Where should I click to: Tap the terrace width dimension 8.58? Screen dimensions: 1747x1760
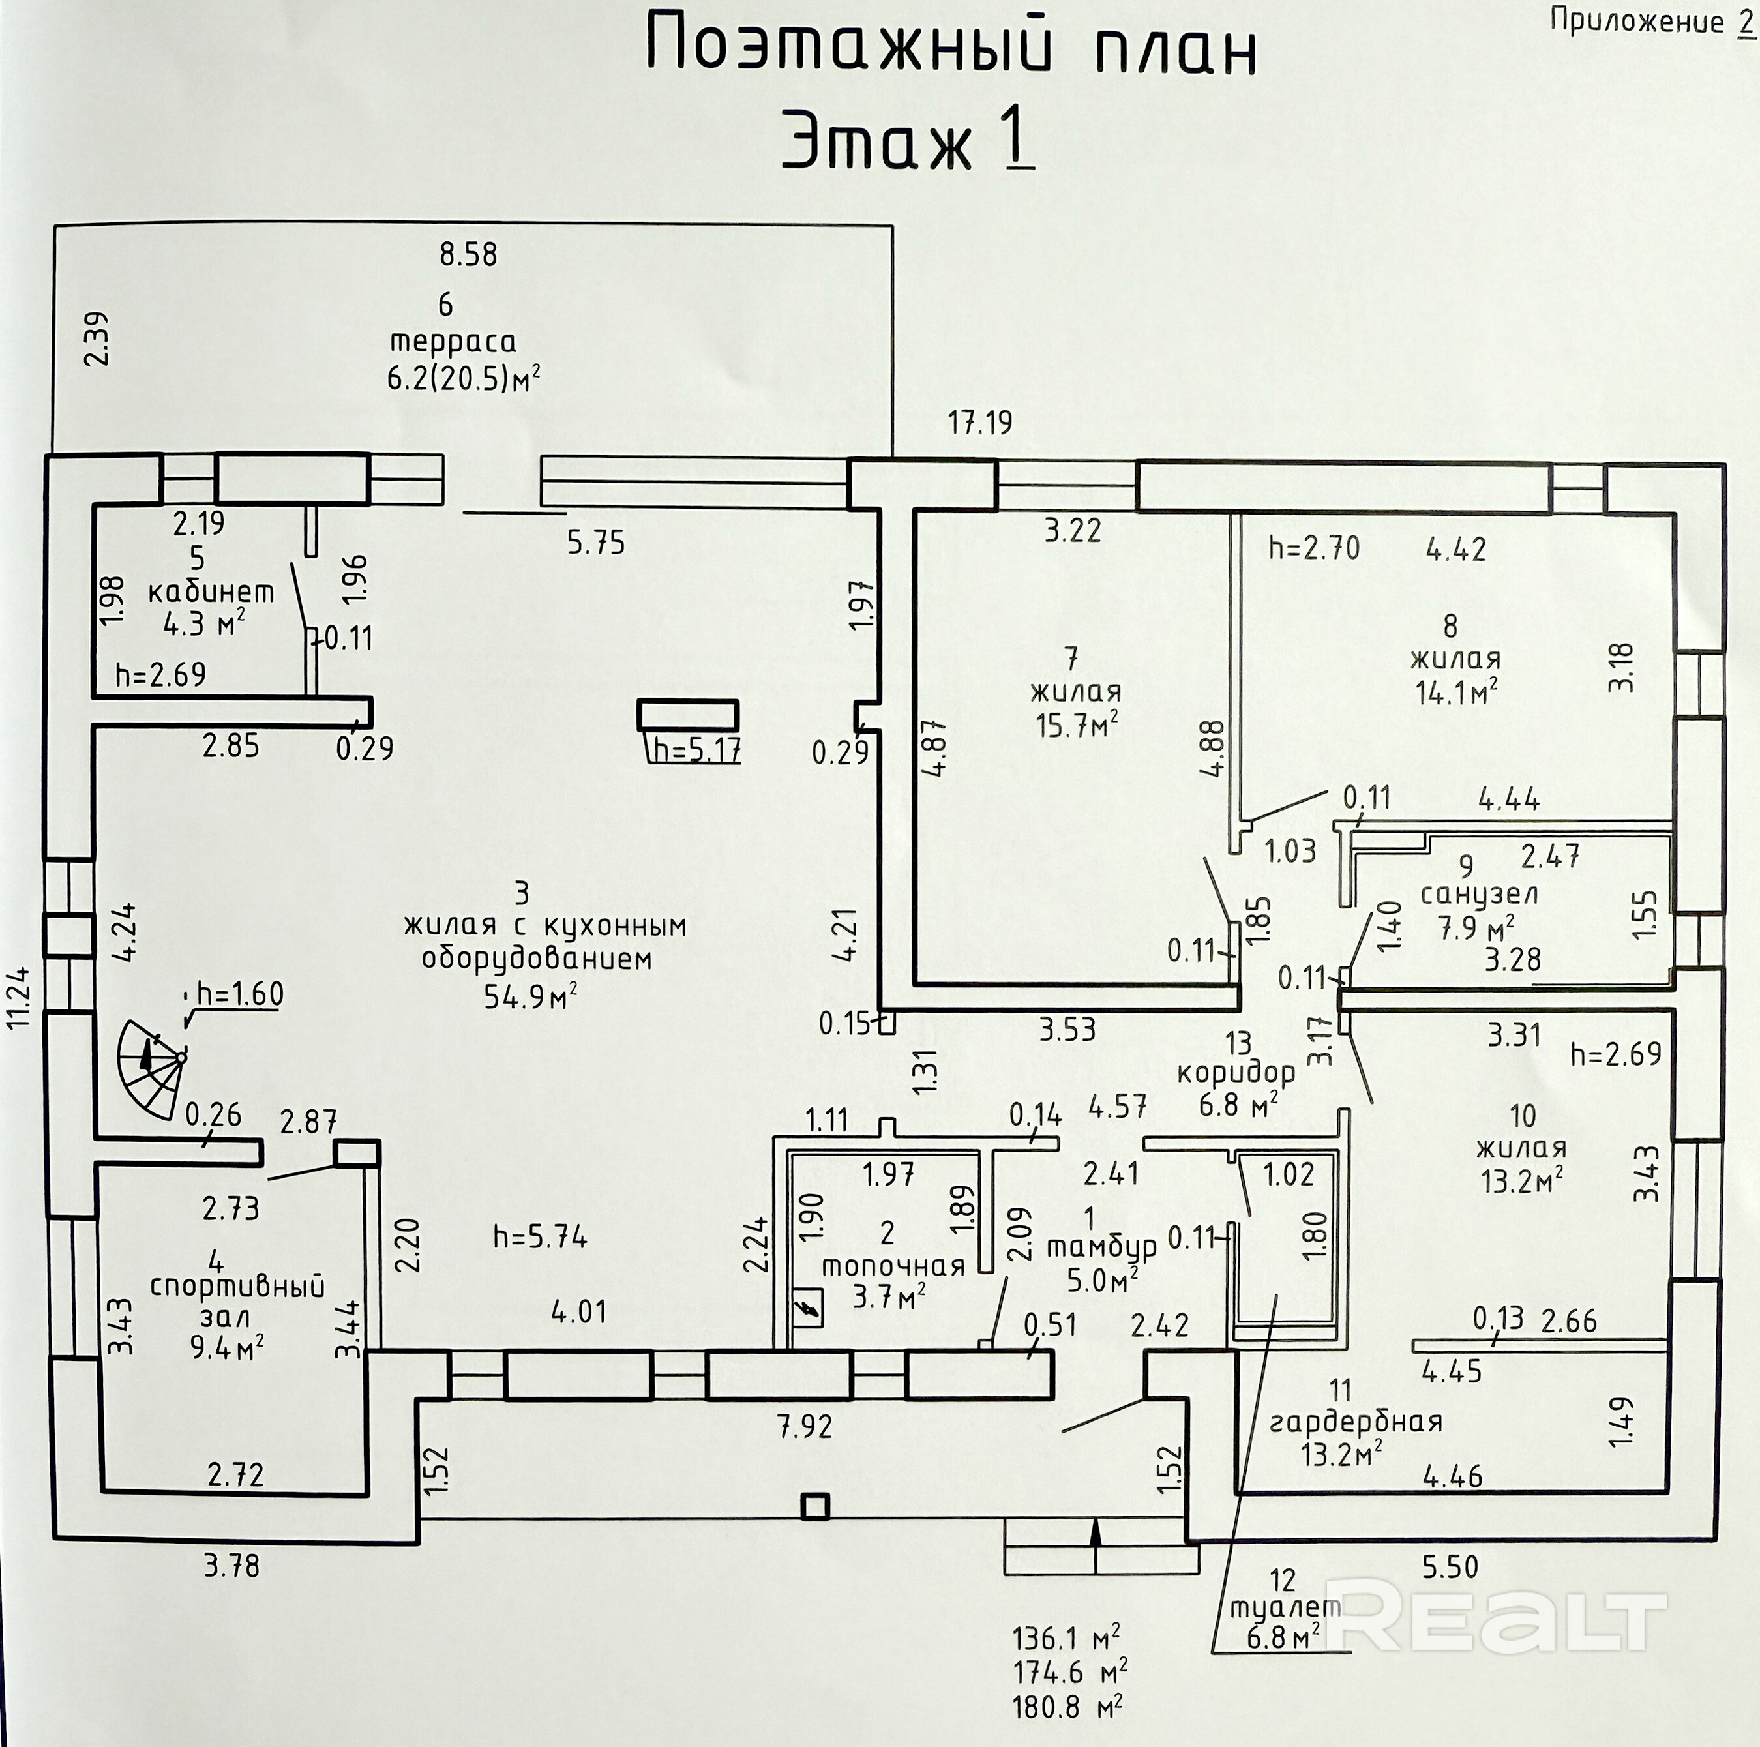[468, 254]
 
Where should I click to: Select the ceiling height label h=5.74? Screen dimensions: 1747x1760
[540, 1237]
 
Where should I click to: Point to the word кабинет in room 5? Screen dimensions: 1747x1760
[211, 592]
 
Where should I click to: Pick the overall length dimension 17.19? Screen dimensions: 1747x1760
[980, 423]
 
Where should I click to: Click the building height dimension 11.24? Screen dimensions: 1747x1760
[20, 996]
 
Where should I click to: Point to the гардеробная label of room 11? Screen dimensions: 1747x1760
[1356, 1421]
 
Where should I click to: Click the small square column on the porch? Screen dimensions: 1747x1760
[815, 1506]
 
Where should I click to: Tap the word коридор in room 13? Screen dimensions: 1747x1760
[1235, 1073]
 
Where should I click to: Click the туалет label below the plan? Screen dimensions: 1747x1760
[1285, 1607]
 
